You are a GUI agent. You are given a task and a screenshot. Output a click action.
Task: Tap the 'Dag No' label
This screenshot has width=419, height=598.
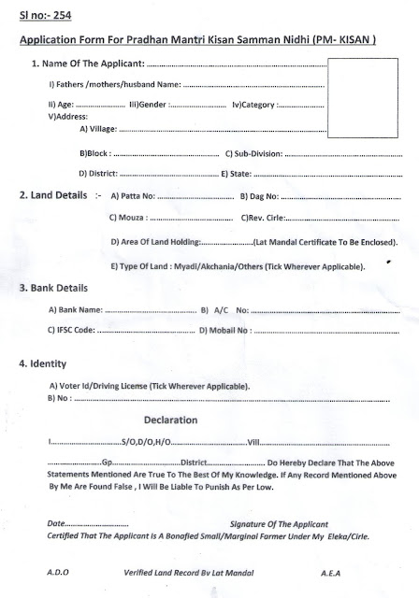coord(259,197)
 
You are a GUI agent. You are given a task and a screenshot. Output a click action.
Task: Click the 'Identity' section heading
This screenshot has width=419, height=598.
coord(42,363)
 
